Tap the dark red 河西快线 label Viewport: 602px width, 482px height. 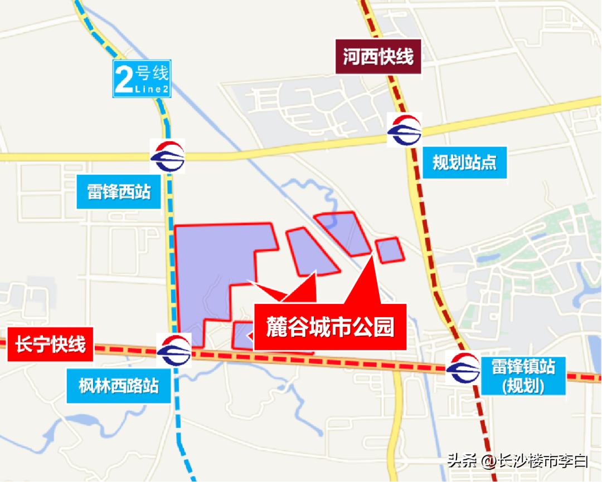pyautogui.click(x=378, y=57)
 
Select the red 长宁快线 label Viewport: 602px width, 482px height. pyautogui.click(x=50, y=345)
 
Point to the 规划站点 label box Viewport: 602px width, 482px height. pyautogui.click(x=464, y=163)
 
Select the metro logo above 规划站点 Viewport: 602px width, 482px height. pyautogui.click(x=405, y=130)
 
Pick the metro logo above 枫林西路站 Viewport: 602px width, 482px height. pyautogui.click(x=174, y=350)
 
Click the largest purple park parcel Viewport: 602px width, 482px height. pyautogui.click(x=212, y=273)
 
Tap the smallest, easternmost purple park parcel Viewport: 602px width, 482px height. pyautogui.click(x=389, y=249)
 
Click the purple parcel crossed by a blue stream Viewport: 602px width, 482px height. pyautogui.click(x=344, y=232)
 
